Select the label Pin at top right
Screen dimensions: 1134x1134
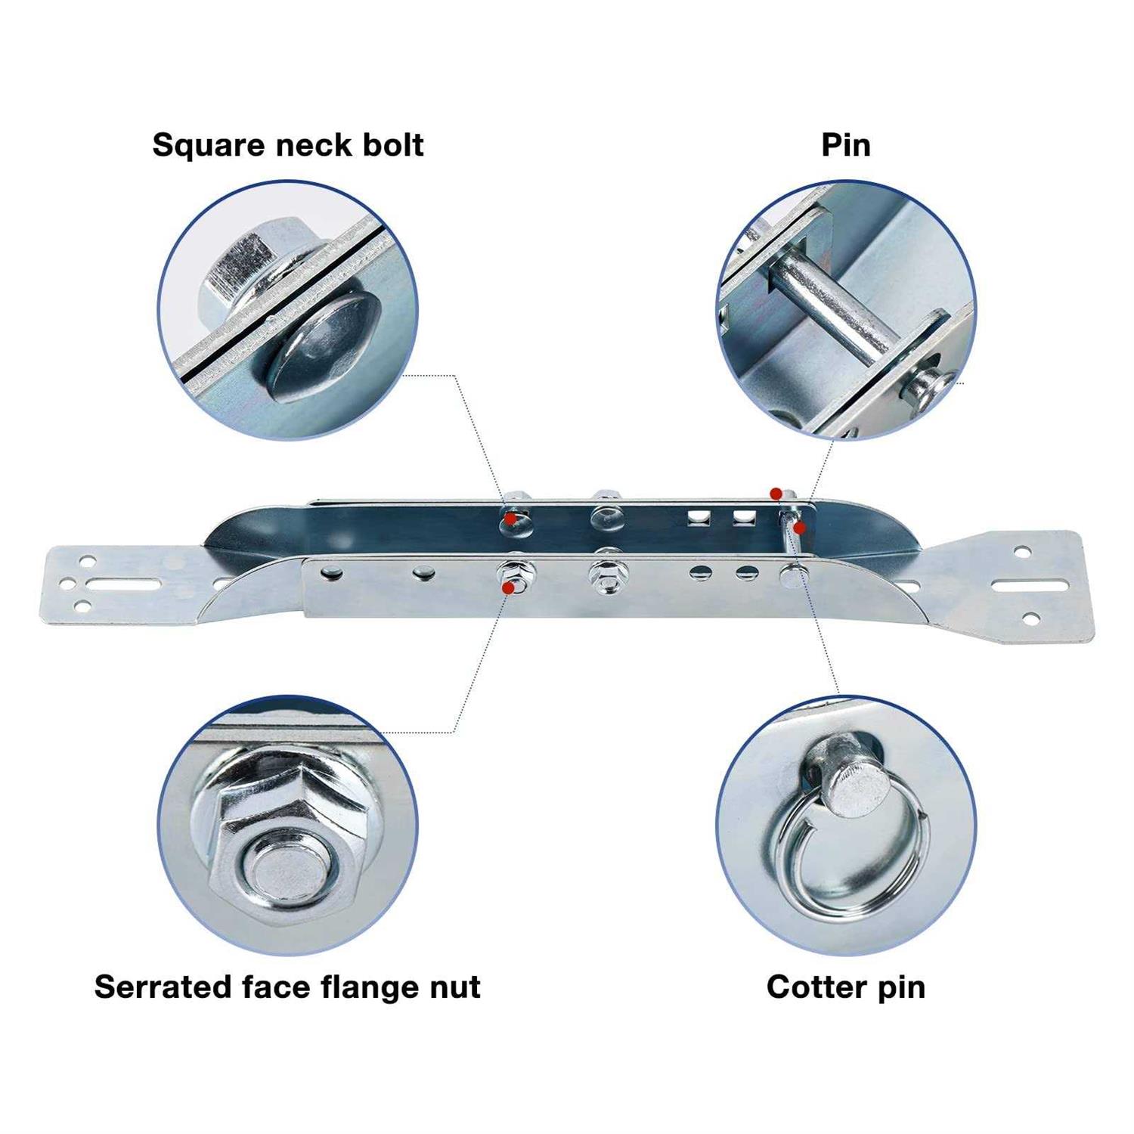846,144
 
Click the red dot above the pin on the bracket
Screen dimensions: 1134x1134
776,494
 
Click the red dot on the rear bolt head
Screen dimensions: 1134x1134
511,519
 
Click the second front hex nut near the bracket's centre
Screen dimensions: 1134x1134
609,575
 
